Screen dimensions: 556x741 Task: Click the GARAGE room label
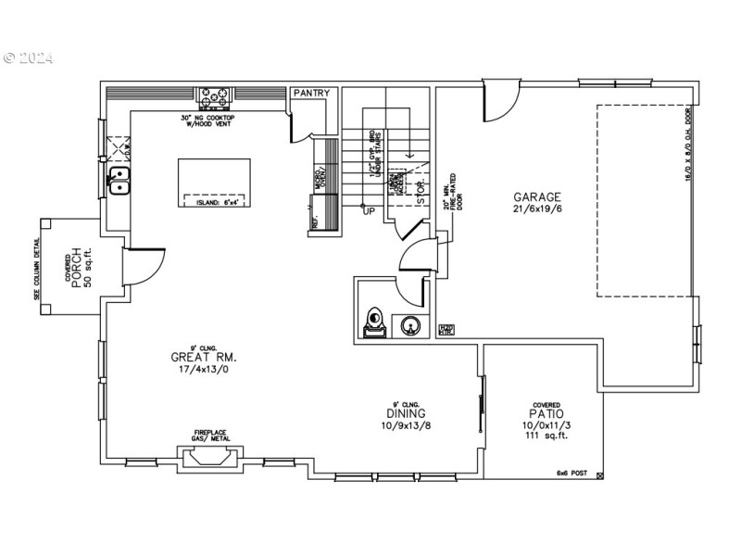[537, 197]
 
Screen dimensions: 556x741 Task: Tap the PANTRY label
[310, 94]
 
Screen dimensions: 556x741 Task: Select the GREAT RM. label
[204, 357]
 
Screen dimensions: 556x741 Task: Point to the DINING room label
[406, 413]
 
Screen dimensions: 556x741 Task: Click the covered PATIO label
[545, 414]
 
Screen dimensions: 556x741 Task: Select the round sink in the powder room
[409, 325]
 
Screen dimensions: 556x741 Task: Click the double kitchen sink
[120, 182]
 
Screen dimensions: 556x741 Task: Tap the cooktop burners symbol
[216, 95]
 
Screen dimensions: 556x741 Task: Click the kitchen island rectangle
[215, 184]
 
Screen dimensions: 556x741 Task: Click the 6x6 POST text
[571, 473]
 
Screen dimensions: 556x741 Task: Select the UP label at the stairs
[368, 210]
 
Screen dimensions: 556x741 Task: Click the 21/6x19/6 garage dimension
[537, 210]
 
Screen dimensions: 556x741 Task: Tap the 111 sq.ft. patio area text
[545, 435]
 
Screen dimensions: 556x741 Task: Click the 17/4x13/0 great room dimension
[204, 370]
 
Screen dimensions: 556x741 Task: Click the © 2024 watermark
[29, 57]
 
